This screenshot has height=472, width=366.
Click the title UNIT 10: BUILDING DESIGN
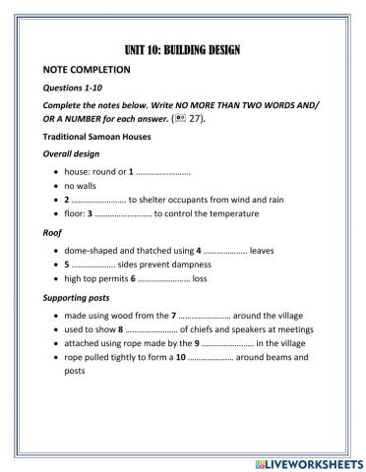click(184, 50)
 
